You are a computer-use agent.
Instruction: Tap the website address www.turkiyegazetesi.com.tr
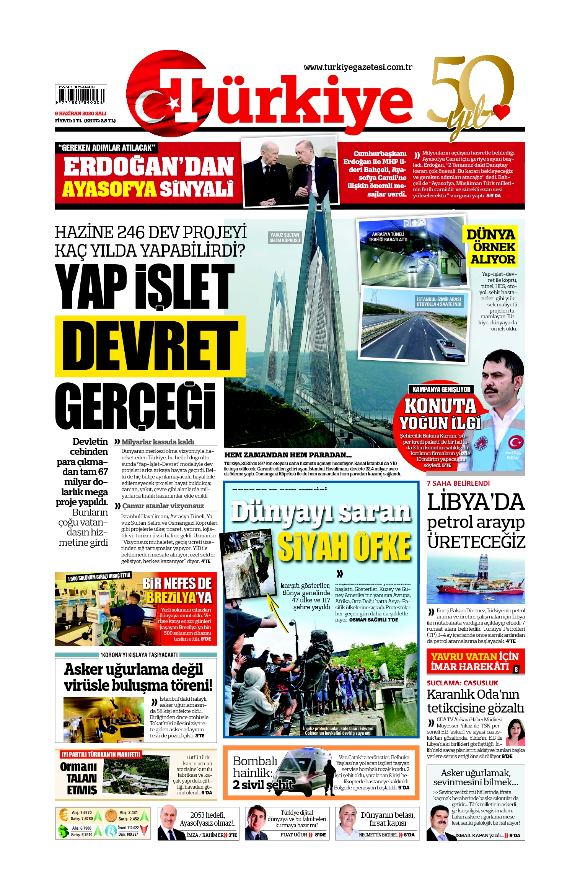point(358,67)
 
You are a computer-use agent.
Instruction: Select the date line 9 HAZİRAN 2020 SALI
point(80,113)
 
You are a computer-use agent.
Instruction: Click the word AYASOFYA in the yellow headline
point(109,189)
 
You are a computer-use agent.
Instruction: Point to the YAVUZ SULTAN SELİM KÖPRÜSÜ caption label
point(285,238)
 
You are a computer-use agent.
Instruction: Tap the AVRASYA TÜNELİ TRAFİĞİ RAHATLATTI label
point(388,237)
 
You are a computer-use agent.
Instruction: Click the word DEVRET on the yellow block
point(150,346)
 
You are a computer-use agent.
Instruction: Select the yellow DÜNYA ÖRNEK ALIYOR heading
point(491,247)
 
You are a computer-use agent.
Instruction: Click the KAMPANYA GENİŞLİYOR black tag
point(441,389)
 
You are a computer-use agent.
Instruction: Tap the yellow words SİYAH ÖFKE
point(344,547)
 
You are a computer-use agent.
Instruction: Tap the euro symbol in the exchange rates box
point(63,815)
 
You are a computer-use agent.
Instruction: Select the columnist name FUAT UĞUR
point(293,835)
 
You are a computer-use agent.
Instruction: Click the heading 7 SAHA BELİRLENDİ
point(458,483)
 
